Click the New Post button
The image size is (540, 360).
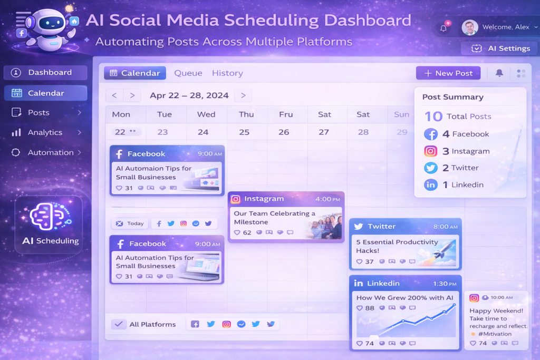(448, 73)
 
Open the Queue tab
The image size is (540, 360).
(188, 73)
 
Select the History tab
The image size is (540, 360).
(227, 73)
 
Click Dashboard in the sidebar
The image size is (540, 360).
(45, 73)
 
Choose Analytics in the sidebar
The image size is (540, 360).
(45, 132)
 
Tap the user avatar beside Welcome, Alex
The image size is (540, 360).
(470, 27)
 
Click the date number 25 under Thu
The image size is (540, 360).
(244, 132)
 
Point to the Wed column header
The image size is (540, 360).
(206, 114)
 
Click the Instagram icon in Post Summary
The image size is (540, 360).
(430, 151)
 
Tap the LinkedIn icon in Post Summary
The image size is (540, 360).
(430, 185)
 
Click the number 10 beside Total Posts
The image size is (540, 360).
(433, 116)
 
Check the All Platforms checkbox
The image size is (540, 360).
(119, 324)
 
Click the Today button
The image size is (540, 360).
(130, 223)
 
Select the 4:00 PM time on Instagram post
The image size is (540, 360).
(327, 199)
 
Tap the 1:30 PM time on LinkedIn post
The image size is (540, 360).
(445, 284)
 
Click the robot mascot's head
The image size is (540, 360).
(51, 22)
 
